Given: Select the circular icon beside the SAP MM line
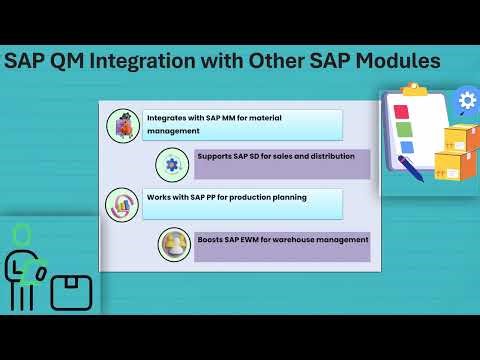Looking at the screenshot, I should (122, 125).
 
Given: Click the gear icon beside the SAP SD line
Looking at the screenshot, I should (173, 164).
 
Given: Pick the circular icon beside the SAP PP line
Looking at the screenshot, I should (122, 204).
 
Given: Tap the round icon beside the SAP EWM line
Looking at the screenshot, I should (174, 244).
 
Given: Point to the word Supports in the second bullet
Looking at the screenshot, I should (215, 157).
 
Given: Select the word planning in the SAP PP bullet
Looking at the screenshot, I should (284, 197).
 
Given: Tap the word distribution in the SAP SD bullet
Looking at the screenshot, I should (340, 157).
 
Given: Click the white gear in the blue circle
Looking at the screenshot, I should (466, 101).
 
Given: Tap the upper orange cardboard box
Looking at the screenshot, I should (460, 139).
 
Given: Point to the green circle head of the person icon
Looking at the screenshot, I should (21, 234).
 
